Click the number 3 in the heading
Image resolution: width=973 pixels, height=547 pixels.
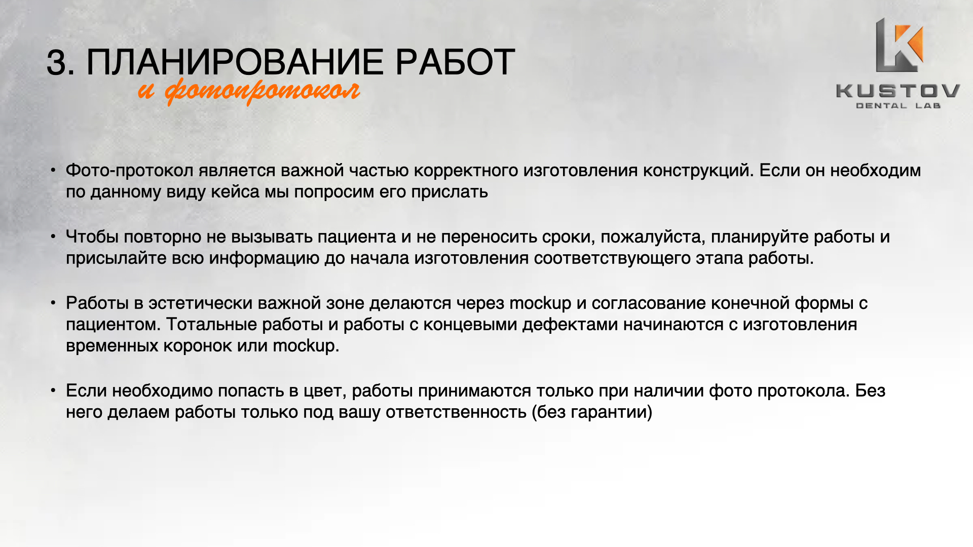click(x=57, y=63)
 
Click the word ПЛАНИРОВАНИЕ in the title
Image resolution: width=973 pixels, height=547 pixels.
click(x=236, y=62)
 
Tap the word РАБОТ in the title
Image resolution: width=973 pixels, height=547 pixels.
click(x=455, y=62)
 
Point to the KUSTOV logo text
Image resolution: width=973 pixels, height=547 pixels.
click(x=898, y=91)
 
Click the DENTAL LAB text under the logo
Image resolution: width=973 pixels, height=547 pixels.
click(x=898, y=106)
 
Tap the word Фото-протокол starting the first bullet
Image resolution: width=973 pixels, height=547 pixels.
click(x=130, y=171)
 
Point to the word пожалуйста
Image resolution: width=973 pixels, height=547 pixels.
click(x=653, y=237)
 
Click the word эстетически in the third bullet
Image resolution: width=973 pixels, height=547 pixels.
click(x=200, y=303)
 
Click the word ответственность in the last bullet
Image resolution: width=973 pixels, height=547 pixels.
click(x=456, y=412)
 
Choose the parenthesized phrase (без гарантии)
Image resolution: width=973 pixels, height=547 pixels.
click(x=592, y=412)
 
